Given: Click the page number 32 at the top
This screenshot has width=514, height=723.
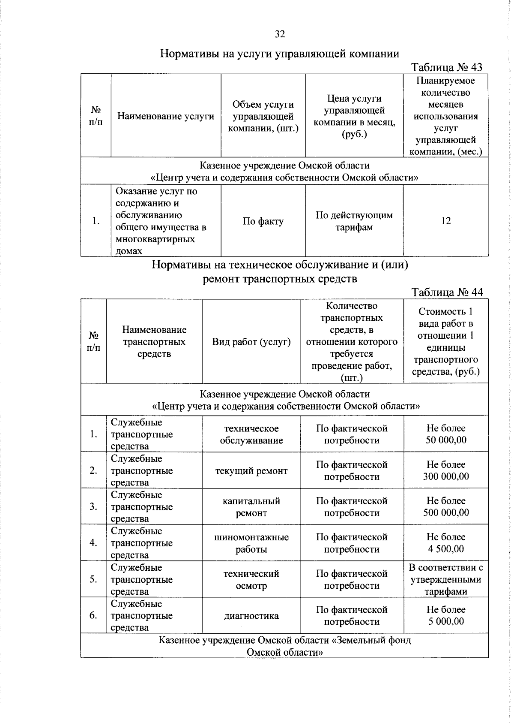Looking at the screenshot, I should [280, 34].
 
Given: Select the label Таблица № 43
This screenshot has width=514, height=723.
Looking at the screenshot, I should [446, 67].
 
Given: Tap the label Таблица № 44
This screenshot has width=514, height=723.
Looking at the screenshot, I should [447, 292].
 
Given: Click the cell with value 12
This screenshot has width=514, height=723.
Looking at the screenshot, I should [445, 221].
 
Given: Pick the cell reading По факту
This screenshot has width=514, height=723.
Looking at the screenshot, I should [263, 221].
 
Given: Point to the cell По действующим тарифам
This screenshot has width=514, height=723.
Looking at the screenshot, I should [354, 221].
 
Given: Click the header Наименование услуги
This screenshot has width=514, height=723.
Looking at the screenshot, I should [166, 116].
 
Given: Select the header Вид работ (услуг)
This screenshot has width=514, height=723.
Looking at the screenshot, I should [251, 342].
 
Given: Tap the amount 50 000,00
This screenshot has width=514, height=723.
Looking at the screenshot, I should [446, 440].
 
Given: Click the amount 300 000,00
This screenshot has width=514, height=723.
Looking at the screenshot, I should [446, 476].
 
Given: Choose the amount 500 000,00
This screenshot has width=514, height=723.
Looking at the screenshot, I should [446, 512].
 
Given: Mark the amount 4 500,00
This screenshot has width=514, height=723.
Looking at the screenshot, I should [446, 549].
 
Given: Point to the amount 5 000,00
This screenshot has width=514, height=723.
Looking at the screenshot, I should [446, 621].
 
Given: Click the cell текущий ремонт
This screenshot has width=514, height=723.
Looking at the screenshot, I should [251, 471].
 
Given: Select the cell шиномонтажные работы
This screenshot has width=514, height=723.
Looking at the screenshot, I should [251, 543].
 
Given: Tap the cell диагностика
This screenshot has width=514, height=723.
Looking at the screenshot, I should [251, 616].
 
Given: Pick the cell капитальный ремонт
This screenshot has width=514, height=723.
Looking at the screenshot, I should [251, 507].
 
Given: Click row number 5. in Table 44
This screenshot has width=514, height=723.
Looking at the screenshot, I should [93, 579].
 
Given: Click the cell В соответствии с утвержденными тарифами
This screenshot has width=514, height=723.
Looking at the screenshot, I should [446, 579].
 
